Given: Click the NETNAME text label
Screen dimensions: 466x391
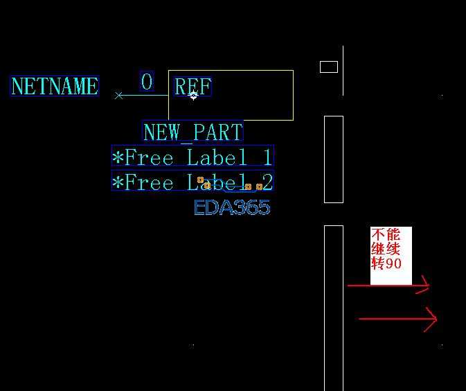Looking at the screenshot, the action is coord(55,86).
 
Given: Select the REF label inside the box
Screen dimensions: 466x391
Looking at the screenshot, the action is coord(192,86).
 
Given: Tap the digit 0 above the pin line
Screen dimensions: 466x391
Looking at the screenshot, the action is coord(147,81).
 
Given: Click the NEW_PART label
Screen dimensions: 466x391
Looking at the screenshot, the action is coord(193,132).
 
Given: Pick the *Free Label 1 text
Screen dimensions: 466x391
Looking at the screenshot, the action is coord(192,156).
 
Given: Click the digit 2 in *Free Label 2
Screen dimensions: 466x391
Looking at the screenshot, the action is coord(267,182).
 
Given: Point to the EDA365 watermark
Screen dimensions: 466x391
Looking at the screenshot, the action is coord(232,207).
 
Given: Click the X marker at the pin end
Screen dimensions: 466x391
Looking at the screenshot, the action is coord(118,96).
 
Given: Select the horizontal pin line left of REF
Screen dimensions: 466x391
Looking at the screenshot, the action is coord(143,96).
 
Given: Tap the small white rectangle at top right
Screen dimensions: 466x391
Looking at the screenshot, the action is coord(329,62).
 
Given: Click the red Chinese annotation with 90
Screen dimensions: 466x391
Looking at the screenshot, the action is coord(386,249).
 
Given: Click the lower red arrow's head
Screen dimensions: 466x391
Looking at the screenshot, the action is coord(436,319).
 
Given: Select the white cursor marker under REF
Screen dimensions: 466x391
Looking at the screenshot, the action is coord(193,96).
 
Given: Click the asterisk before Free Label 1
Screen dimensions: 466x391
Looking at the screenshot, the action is coord(118,157).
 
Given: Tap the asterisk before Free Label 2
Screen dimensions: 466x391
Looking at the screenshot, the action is coord(118,182).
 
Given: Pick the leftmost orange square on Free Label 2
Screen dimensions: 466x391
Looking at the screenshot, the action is coord(200,180).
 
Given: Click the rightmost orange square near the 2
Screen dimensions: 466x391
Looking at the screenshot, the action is coord(259,186).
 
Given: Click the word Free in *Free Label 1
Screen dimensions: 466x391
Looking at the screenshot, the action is coord(149,157).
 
